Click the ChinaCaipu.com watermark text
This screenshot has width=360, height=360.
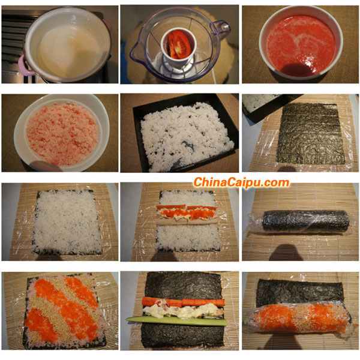tap(241, 182)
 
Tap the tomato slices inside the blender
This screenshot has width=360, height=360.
tap(179, 44)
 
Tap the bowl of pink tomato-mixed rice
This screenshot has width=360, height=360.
tap(61, 133)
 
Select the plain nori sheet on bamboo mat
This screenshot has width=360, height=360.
tap(310, 134)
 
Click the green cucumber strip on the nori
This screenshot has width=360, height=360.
tap(176, 320)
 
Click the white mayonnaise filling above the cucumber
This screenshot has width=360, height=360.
tap(183, 311)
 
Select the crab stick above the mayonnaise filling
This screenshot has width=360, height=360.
tap(183, 302)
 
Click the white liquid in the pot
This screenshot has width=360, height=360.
tap(68, 52)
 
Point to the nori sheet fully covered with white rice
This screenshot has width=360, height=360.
tap(67, 222)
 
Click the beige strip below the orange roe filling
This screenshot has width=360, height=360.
tap(188, 221)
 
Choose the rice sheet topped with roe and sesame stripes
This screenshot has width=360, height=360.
tap(63, 310)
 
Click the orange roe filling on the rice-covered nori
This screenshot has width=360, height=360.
tap(187, 213)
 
